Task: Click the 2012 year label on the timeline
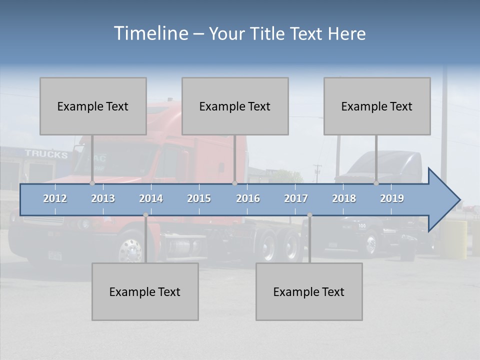55,198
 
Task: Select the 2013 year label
103,198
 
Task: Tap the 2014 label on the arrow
151,198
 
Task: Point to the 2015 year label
199,198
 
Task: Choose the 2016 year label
248,198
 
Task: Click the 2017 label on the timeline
296,198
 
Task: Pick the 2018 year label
344,198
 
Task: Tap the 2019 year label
392,198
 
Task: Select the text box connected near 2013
93,106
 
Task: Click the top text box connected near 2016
235,106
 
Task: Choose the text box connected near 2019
377,106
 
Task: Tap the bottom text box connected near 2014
145,291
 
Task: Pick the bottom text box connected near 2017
309,291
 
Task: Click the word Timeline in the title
150,33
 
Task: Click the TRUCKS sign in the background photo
46,154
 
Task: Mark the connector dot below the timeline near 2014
145,215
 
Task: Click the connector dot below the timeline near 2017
309,215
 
